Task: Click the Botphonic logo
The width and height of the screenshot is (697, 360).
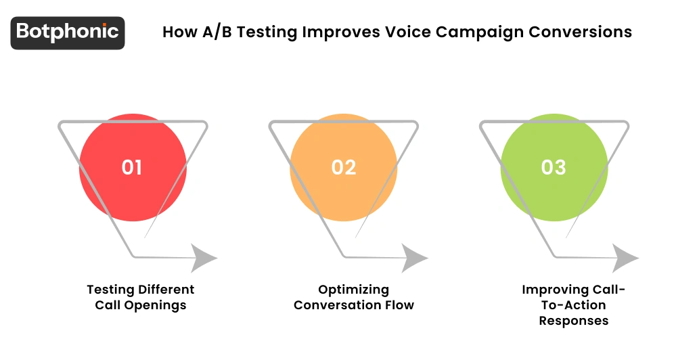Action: (x=68, y=32)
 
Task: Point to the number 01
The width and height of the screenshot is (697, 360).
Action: (x=132, y=167)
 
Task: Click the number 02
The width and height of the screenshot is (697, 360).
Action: (x=343, y=167)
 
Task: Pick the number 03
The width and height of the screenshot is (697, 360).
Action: (x=554, y=167)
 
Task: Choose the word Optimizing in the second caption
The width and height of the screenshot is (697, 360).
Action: (x=354, y=290)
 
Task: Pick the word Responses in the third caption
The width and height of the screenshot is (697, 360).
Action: (x=574, y=321)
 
